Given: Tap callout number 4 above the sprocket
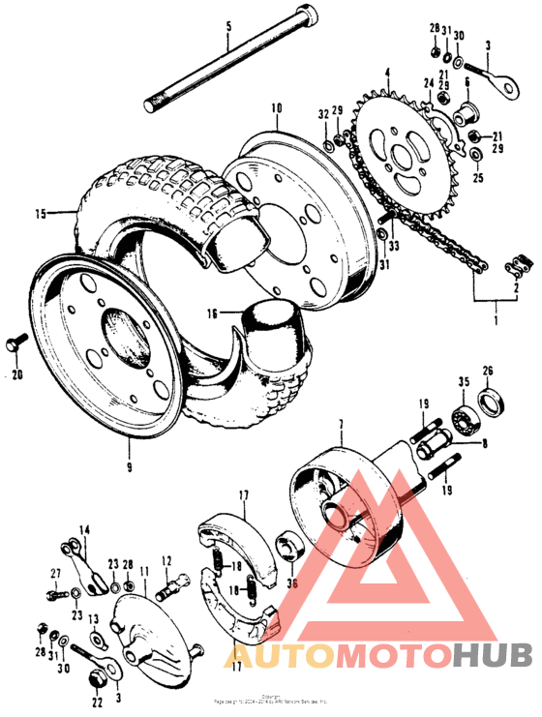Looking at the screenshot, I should point(387,72).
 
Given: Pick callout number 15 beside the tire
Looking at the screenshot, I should point(41,214).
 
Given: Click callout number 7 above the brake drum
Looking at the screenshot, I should point(340,425).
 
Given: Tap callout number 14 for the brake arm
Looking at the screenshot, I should point(83,529).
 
